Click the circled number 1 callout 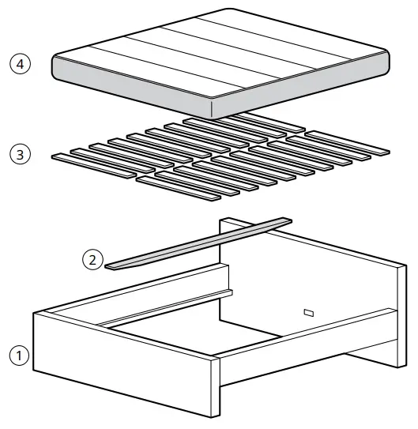click(20, 356)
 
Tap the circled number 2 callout click(93, 258)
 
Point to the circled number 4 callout click(20, 62)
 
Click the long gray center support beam click(198, 241)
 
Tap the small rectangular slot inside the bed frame click(308, 313)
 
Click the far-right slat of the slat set click(348, 142)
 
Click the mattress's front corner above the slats click(215, 107)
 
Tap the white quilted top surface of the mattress click(221, 51)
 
